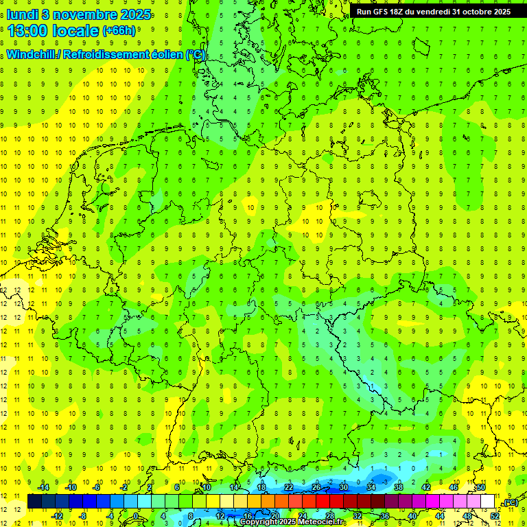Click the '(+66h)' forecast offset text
click(119, 31)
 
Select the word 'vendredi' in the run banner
click(428, 12)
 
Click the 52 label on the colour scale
click(494, 516)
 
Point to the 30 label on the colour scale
click(343, 487)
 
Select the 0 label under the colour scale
click(136, 516)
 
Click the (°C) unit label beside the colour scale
click(509, 502)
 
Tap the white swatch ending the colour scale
click(487, 502)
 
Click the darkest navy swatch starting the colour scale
click(34, 502)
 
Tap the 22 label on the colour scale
click(288, 487)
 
